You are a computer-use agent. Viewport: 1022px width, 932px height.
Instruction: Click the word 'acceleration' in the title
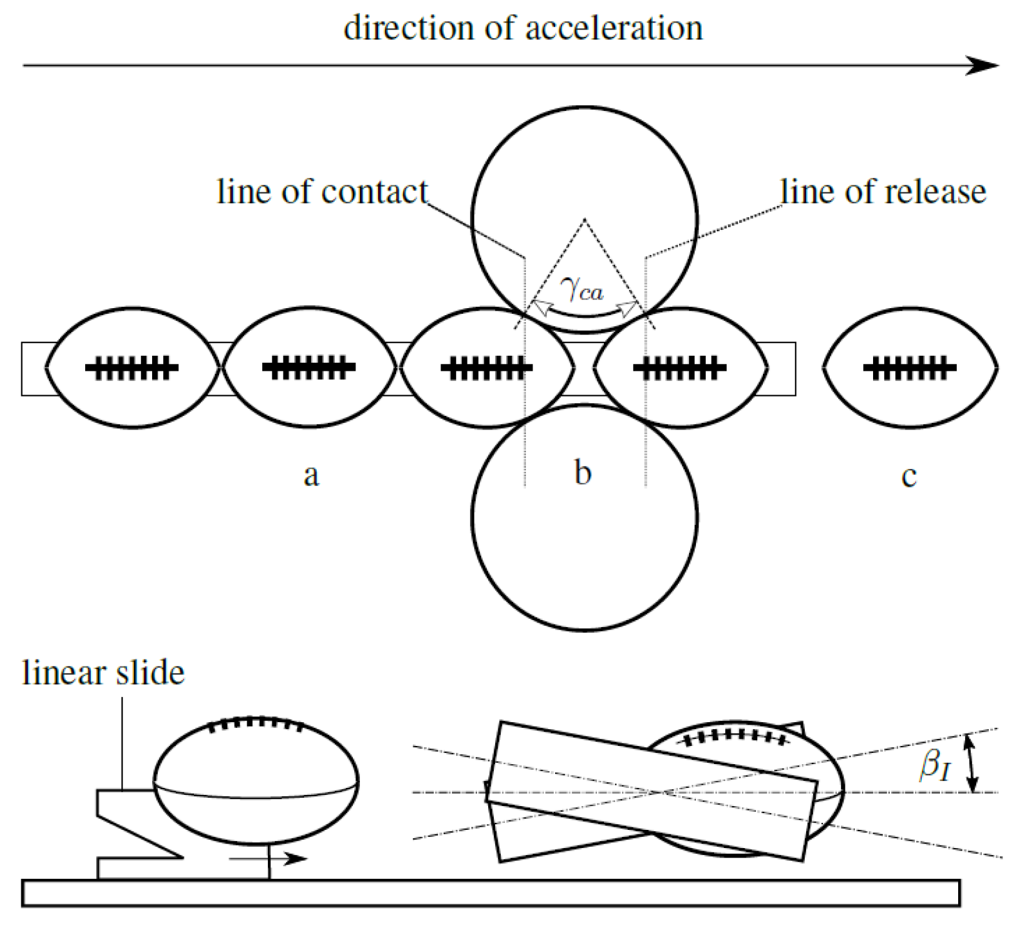(x=614, y=28)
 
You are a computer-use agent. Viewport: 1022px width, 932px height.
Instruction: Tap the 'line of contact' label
(x=322, y=192)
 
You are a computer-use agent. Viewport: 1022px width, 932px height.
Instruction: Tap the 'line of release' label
(x=883, y=192)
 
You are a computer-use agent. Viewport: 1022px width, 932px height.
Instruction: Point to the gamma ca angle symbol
(x=582, y=289)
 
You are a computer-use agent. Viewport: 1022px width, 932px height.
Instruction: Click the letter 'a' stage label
(x=311, y=475)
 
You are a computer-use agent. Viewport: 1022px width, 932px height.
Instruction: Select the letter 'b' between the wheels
(x=583, y=472)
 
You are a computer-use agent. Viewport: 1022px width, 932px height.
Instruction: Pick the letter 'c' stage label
(x=909, y=476)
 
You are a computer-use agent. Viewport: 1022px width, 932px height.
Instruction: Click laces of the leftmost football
(x=132, y=368)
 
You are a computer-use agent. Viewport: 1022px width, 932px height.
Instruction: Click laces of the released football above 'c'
(x=909, y=368)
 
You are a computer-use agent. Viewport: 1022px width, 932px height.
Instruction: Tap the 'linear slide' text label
(x=103, y=673)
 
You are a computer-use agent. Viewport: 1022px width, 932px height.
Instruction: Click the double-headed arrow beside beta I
(x=971, y=763)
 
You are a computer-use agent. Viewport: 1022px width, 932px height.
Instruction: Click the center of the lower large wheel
(x=585, y=517)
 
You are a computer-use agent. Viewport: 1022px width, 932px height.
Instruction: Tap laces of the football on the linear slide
(x=255, y=723)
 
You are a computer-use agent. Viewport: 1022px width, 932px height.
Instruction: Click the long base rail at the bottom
(x=491, y=893)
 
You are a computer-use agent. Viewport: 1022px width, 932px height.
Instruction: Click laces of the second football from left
(x=309, y=368)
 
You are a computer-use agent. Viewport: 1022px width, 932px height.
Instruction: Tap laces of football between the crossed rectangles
(x=734, y=737)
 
